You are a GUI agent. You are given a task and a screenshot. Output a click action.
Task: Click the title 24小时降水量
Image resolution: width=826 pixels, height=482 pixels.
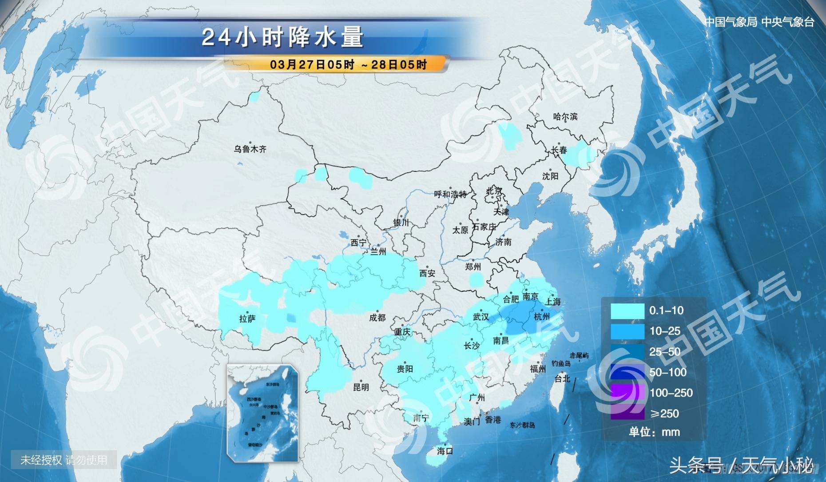point(282,37)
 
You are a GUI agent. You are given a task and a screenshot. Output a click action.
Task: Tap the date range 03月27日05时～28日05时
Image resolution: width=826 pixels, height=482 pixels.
point(348,65)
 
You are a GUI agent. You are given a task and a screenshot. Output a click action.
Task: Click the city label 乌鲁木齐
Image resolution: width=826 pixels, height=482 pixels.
point(250,149)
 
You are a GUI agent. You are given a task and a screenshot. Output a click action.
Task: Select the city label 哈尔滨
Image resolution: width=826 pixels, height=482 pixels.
point(565,117)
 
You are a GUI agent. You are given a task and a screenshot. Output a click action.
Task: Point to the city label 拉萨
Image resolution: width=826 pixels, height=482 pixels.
point(247,319)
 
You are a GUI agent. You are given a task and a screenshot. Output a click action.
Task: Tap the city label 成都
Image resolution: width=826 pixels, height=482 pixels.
point(377,318)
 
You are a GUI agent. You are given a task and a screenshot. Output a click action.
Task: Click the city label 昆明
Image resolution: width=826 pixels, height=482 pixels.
point(361,387)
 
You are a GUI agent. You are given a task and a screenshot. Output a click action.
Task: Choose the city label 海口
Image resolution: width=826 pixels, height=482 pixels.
point(445,451)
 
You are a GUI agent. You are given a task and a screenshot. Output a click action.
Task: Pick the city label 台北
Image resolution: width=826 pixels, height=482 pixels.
point(562,378)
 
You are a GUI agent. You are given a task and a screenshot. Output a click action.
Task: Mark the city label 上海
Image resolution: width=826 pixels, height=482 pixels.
point(553,302)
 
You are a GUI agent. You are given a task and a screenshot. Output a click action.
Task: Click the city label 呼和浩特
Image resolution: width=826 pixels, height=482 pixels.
point(450,195)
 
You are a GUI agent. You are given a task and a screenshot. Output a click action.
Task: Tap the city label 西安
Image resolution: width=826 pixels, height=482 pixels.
point(427,274)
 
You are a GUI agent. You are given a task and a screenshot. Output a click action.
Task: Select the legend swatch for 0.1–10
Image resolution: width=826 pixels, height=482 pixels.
point(627,311)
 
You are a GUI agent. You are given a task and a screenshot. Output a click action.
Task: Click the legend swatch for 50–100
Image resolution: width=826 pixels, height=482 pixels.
point(627,372)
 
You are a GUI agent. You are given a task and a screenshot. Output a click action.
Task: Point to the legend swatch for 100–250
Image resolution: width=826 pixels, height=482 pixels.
point(627,393)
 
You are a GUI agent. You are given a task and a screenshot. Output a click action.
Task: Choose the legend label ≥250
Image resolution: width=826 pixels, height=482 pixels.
point(665,414)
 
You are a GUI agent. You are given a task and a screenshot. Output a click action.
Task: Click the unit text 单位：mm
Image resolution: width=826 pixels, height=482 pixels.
point(654,432)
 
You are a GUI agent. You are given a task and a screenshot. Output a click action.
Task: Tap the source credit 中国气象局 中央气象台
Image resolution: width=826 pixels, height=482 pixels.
point(759,22)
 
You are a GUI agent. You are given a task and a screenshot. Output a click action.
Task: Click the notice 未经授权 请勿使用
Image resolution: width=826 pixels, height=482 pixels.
point(64,460)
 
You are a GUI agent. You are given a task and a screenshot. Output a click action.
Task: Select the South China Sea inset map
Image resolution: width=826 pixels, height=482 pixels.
point(262,412)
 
